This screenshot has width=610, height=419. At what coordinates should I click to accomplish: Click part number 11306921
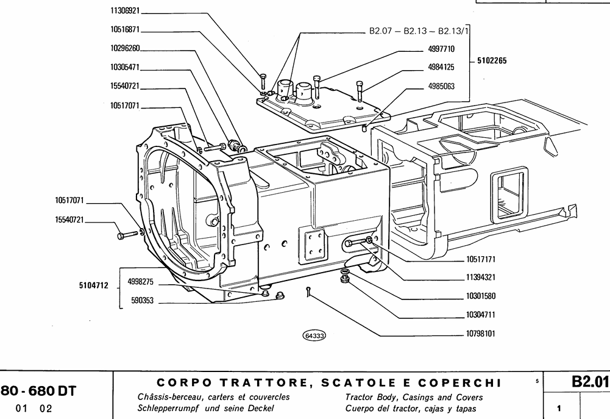click(126, 11)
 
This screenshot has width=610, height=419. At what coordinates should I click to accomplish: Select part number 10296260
click(126, 48)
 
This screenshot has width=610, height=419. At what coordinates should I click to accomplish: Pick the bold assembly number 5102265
click(492, 61)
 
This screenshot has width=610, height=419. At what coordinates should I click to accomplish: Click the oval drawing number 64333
click(314, 334)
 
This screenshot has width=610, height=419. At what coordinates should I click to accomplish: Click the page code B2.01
click(589, 382)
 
